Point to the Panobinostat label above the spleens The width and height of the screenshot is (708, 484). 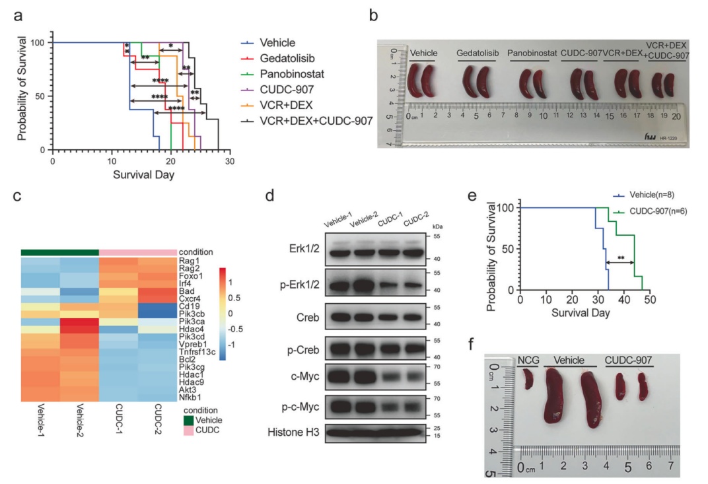click(x=528, y=52)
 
